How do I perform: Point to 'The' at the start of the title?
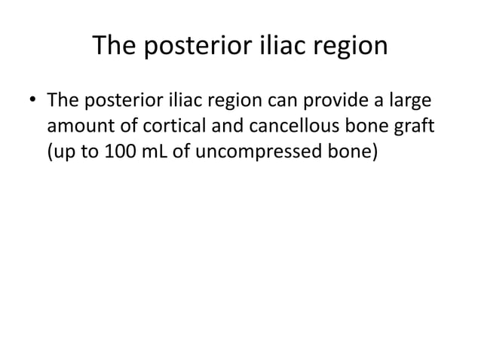coord(113,47)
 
